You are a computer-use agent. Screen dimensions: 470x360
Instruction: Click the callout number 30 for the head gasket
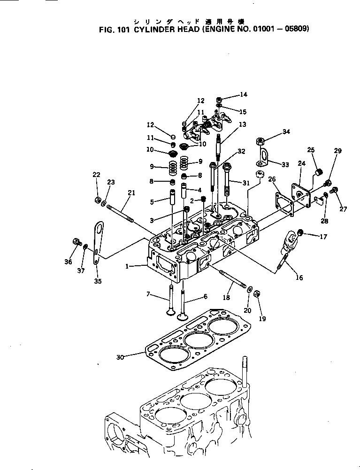pos(120,357)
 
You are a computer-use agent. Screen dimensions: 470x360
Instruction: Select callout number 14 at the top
pos(243,94)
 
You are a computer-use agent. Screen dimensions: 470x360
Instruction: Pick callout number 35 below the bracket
pos(98,282)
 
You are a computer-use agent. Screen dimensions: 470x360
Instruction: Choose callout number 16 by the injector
pos(299,277)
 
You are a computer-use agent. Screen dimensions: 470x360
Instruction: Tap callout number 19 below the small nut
pos(262,319)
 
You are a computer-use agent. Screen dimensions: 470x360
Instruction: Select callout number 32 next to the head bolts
pos(241,151)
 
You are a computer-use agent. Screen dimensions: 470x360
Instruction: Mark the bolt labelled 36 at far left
pos(77,242)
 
